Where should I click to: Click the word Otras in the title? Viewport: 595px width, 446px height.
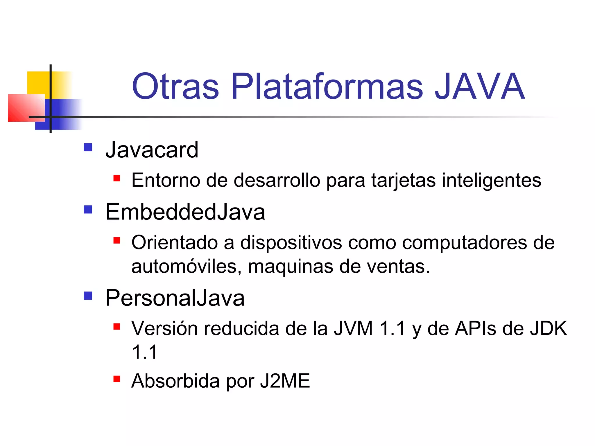click(x=175, y=86)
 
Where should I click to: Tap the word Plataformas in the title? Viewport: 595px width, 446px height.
click(x=327, y=86)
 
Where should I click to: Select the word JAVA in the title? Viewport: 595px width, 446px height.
click(x=479, y=86)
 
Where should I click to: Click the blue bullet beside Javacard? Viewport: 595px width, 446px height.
click(x=88, y=148)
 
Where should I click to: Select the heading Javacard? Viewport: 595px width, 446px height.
click(x=152, y=150)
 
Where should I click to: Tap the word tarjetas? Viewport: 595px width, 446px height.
click(x=403, y=181)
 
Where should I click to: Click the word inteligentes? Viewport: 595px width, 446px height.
click(x=492, y=181)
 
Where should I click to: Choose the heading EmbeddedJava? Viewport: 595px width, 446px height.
click(x=185, y=212)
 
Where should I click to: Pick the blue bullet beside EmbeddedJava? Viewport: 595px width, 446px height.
click(x=88, y=210)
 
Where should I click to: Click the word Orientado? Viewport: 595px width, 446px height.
click(x=174, y=242)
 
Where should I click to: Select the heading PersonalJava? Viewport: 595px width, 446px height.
click(x=175, y=298)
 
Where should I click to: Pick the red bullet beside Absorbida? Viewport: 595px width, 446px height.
click(x=117, y=379)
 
